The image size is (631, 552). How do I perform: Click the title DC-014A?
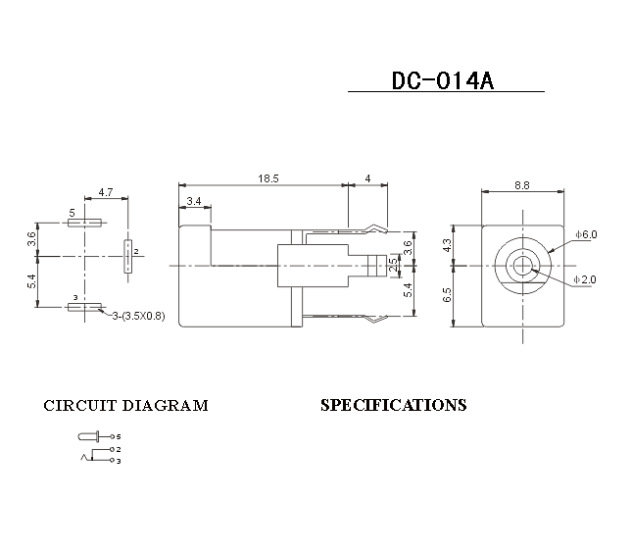tap(444, 79)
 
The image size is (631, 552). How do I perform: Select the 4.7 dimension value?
tap(107, 192)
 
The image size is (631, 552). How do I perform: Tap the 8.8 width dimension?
tap(521, 185)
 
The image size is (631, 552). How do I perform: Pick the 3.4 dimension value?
tap(194, 201)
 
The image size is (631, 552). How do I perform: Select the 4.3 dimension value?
tap(449, 245)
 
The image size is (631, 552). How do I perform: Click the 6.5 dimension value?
tap(449, 295)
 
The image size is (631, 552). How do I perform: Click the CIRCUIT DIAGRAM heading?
tap(125, 406)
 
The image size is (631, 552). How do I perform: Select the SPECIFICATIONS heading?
tap(393, 405)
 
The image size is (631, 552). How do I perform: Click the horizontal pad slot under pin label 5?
tap(85, 224)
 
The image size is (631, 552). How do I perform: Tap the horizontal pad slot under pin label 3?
tap(84, 308)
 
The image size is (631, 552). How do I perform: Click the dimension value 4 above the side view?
tap(367, 178)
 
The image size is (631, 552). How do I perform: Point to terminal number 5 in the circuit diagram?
tap(118, 435)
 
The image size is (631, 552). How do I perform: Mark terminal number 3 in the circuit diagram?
tap(118, 460)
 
